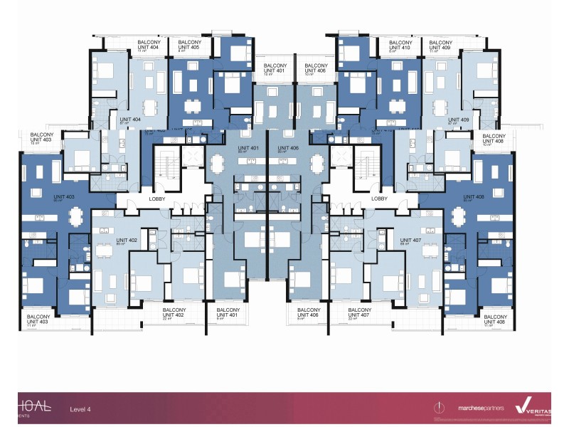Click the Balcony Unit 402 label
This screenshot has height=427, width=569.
[x=174, y=313]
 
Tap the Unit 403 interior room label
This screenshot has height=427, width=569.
[x=65, y=197]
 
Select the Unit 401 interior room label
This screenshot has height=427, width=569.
[x=248, y=149]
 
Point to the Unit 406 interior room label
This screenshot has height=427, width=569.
[x=289, y=149]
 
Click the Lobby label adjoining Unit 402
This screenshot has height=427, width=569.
[x=157, y=199]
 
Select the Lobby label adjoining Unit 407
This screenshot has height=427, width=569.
[x=379, y=199]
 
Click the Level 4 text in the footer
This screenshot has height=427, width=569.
[x=80, y=409]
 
